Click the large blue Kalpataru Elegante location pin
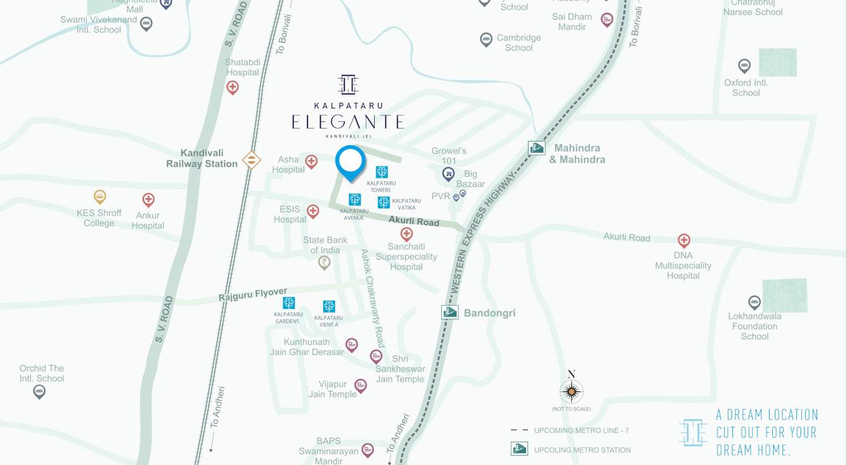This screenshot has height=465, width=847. (350, 161)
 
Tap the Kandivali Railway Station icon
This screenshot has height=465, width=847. (252, 159)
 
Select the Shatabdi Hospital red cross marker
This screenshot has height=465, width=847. (233, 88)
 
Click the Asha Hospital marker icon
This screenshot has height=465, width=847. (311, 162)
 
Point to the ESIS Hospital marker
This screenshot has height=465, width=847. (313, 211)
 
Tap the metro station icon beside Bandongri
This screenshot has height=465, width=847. (449, 312)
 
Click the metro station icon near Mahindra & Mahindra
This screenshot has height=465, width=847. (536, 148)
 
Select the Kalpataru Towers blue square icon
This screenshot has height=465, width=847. (381, 172)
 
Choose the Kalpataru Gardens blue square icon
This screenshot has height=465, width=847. (288, 303)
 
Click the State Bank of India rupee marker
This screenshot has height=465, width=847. (324, 262)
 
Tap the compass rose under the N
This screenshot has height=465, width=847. (571, 391)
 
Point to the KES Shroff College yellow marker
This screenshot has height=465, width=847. (100, 197)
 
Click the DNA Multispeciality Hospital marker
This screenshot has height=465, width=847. (683, 240)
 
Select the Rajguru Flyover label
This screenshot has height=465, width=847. (252, 294)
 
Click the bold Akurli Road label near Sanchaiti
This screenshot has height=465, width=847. (414, 222)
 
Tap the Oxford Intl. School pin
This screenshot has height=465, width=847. (744, 66)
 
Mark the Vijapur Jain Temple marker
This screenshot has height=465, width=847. (360, 385)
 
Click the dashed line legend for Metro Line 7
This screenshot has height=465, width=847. (519, 430)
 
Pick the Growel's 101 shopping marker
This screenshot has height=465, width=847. (448, 173)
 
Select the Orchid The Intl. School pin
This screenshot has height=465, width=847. (39, 391)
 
